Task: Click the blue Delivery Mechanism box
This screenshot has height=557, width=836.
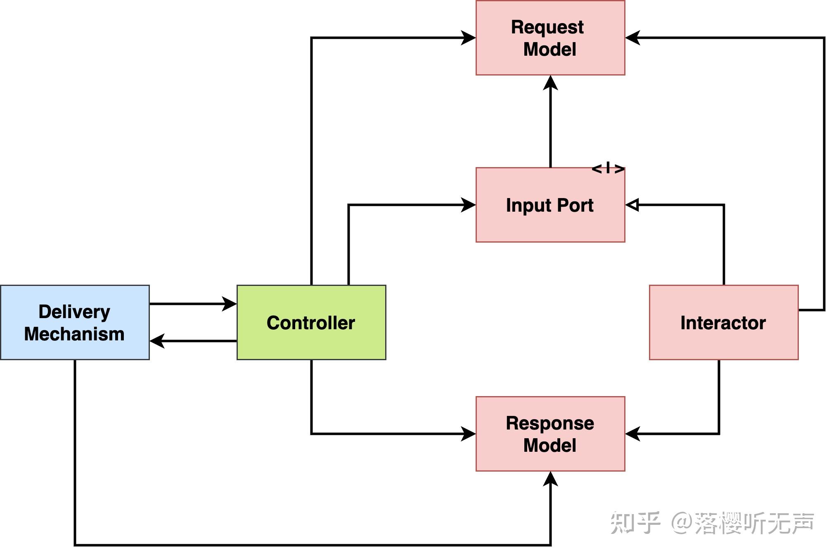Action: tap(75, 322)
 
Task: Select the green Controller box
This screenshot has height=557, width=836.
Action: tap(311, 322)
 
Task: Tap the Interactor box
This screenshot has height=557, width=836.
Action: tap(723, 322)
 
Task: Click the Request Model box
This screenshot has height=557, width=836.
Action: tap(550, 38)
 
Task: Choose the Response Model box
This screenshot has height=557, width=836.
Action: tap(550, 434)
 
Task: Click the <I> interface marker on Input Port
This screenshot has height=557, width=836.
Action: tap(608, 168)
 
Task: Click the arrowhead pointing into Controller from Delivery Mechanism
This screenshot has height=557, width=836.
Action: tap(230, 304)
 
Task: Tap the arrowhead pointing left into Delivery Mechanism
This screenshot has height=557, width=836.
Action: tap(157, 341)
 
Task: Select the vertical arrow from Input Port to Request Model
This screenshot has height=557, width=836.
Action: tap(550, 124)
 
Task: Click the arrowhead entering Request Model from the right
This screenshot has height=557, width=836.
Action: tap(633, 38)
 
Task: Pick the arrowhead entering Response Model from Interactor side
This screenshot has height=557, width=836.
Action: tap(633, 434)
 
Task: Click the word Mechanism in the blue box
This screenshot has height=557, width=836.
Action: tap(74, 334)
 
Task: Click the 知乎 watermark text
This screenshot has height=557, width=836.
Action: tap(635, 523)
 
